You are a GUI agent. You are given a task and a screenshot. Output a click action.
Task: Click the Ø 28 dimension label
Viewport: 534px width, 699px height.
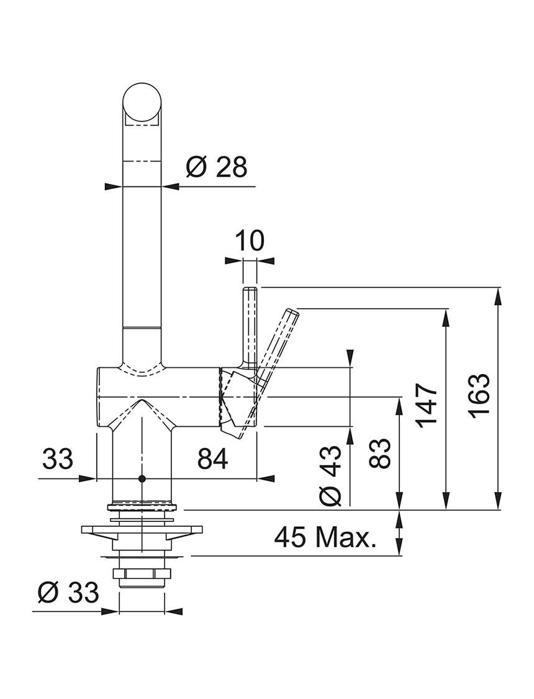217,168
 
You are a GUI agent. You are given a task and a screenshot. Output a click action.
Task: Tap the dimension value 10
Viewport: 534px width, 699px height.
250,240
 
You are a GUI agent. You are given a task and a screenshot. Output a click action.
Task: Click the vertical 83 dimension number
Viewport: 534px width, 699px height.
380,453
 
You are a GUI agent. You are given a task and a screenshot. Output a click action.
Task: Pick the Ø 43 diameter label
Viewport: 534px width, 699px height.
331,476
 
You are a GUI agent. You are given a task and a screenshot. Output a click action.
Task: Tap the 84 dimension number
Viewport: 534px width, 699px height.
213,459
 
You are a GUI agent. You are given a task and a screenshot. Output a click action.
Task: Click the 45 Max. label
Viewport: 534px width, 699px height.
325,537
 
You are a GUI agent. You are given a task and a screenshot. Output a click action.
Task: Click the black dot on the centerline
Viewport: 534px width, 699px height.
142,479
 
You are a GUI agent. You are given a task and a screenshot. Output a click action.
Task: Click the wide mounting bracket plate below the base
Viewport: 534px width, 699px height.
141,531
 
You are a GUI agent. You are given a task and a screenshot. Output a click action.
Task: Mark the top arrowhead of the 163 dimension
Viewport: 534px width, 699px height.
498,296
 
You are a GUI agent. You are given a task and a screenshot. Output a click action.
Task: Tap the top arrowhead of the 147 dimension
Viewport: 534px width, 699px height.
446,316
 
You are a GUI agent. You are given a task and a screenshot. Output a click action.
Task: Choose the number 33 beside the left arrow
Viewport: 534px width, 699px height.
58,459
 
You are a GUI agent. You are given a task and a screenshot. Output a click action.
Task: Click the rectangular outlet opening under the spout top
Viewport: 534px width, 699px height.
141,119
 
